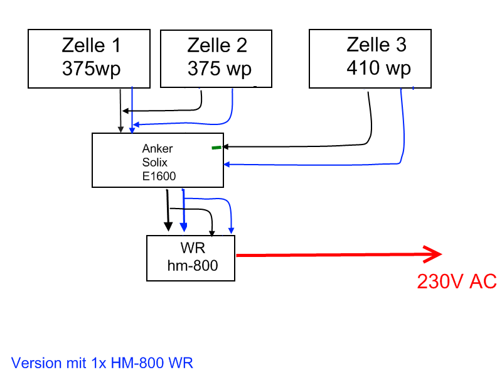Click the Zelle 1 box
(x=89, y=58)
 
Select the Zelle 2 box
(x=216, y=58)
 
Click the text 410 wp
(x=378, y=68)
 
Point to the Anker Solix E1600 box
(x=158, y=160)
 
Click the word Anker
(x=158, y=149)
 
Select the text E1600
(x=159, y=177)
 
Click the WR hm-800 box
(x=191, y=258)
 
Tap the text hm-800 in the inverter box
(x=193, y=266)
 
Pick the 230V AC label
(x=456, y=281)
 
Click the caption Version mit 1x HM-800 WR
(x=102, y=363)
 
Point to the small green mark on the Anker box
(x=216, y=148)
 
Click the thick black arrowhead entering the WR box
(x=168, y=226)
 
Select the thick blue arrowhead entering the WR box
(x=183, y=226)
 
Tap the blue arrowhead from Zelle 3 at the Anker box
(x=227, y=165)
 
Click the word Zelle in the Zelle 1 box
(x=81, y=45)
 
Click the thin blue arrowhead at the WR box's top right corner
(x=232, y=230)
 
